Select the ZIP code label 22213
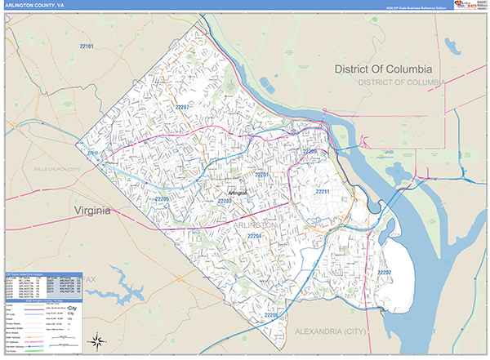(x=92, y=153)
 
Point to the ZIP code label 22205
(x=162, y=198)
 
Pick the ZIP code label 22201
(x=262, y=175)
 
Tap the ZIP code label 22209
(x=310, y=152)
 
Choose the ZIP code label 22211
(x=323, y=192)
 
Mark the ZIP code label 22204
(x=256, y=237)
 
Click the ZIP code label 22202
(x=384, y=272)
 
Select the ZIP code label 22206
(x=272, y=314)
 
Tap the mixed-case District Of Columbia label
(x=388, y=69)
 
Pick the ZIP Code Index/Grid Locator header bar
(x=43, y=275)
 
